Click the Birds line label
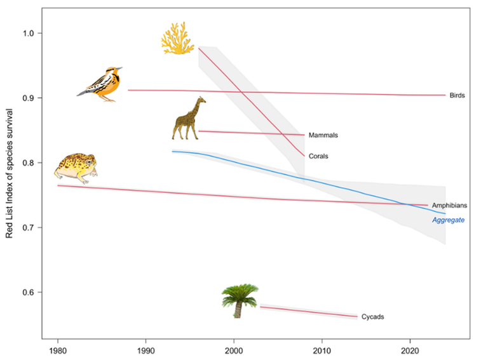click(x=457, y=95)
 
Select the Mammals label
click(x=323, y=135)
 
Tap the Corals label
click(x=318, y=156)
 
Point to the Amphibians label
click(x=449, y=206)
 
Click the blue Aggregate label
click(x=449, y=220)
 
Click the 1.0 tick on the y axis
click(x=30, y=33)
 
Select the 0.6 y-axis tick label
click(x=30, y=292)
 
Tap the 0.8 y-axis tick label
click(x=30, y=163)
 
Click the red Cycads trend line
click(x=308, y=311)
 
